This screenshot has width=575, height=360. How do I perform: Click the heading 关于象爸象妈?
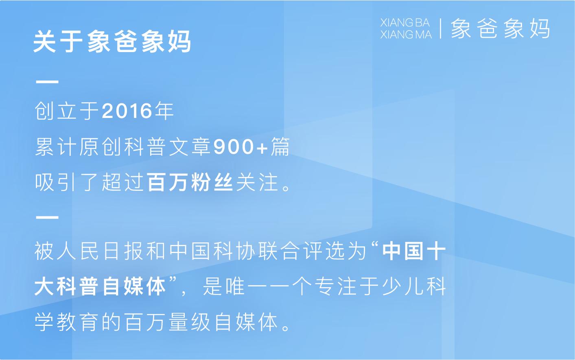112,42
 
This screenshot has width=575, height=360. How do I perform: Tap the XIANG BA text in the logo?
405,23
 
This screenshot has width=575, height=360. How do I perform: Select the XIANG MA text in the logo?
406,35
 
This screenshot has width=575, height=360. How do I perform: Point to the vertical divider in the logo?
441,28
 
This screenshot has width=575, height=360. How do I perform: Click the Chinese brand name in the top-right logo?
500,29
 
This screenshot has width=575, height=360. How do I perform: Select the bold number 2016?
127,111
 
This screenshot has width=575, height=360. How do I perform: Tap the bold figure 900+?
240,147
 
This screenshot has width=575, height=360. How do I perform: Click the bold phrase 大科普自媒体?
100,287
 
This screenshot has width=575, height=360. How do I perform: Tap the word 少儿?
403,287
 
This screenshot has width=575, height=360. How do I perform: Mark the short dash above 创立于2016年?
47,82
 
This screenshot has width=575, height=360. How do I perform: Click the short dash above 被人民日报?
47,217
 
